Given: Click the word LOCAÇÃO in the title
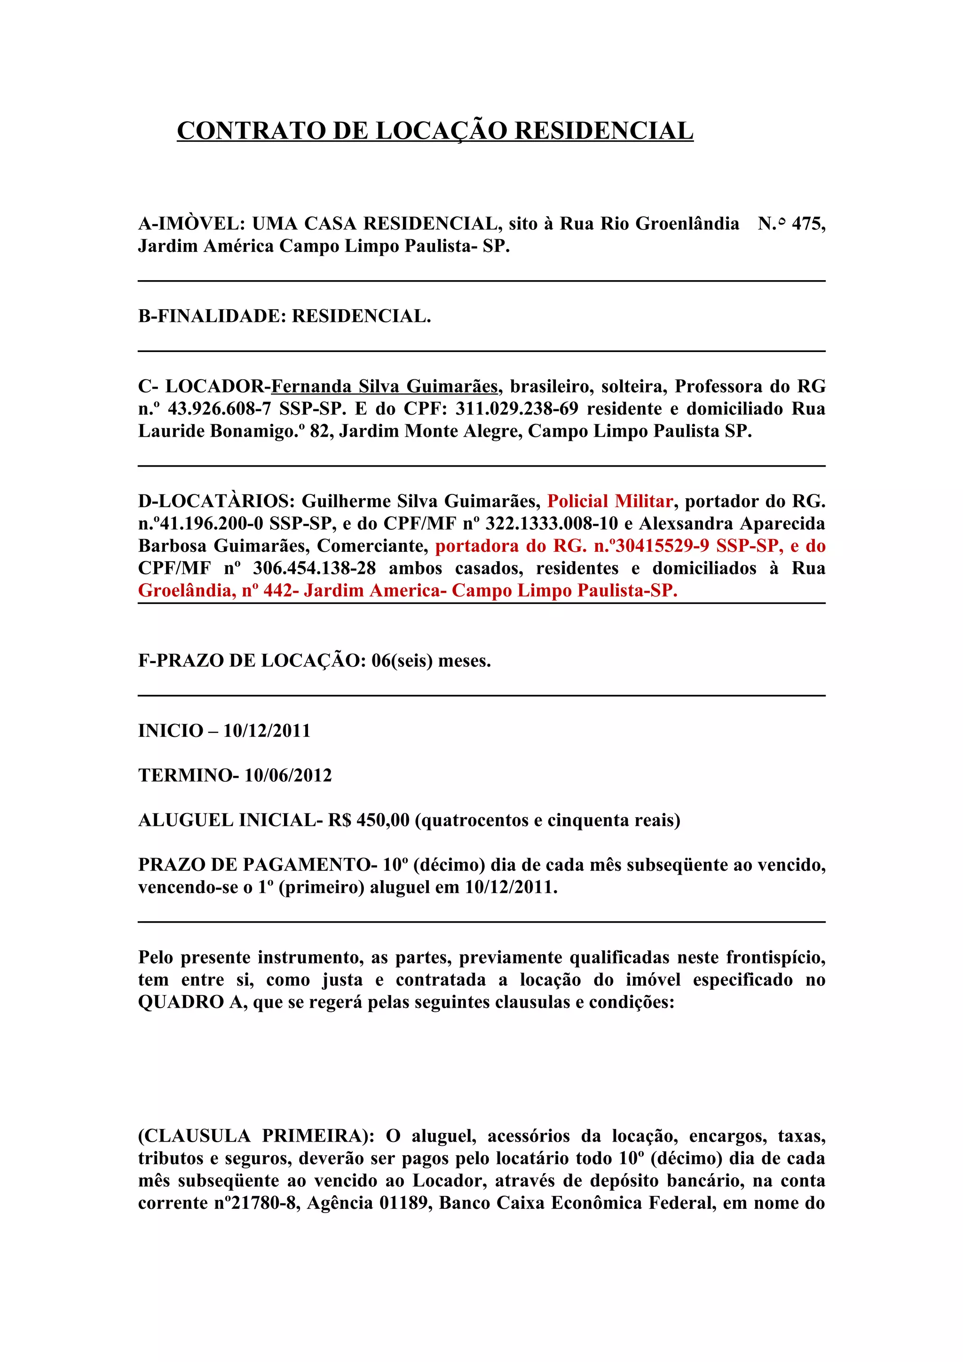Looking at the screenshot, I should coord(442,131).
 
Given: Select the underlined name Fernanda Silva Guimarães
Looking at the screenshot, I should coord(385,387).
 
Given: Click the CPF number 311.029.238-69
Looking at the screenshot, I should coord(516,409).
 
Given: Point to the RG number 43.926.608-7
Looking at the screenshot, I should coord(219,409).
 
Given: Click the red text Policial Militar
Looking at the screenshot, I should coord(610,501).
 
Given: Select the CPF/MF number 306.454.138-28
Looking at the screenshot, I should coord(315,568).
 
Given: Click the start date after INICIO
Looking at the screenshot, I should coord(267,731).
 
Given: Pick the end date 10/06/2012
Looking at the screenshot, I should coord(288,775).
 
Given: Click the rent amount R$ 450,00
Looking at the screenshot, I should coord(369,821).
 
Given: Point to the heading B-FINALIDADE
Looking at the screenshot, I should coord(211,316).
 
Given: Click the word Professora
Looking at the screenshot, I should coord(718,387).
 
